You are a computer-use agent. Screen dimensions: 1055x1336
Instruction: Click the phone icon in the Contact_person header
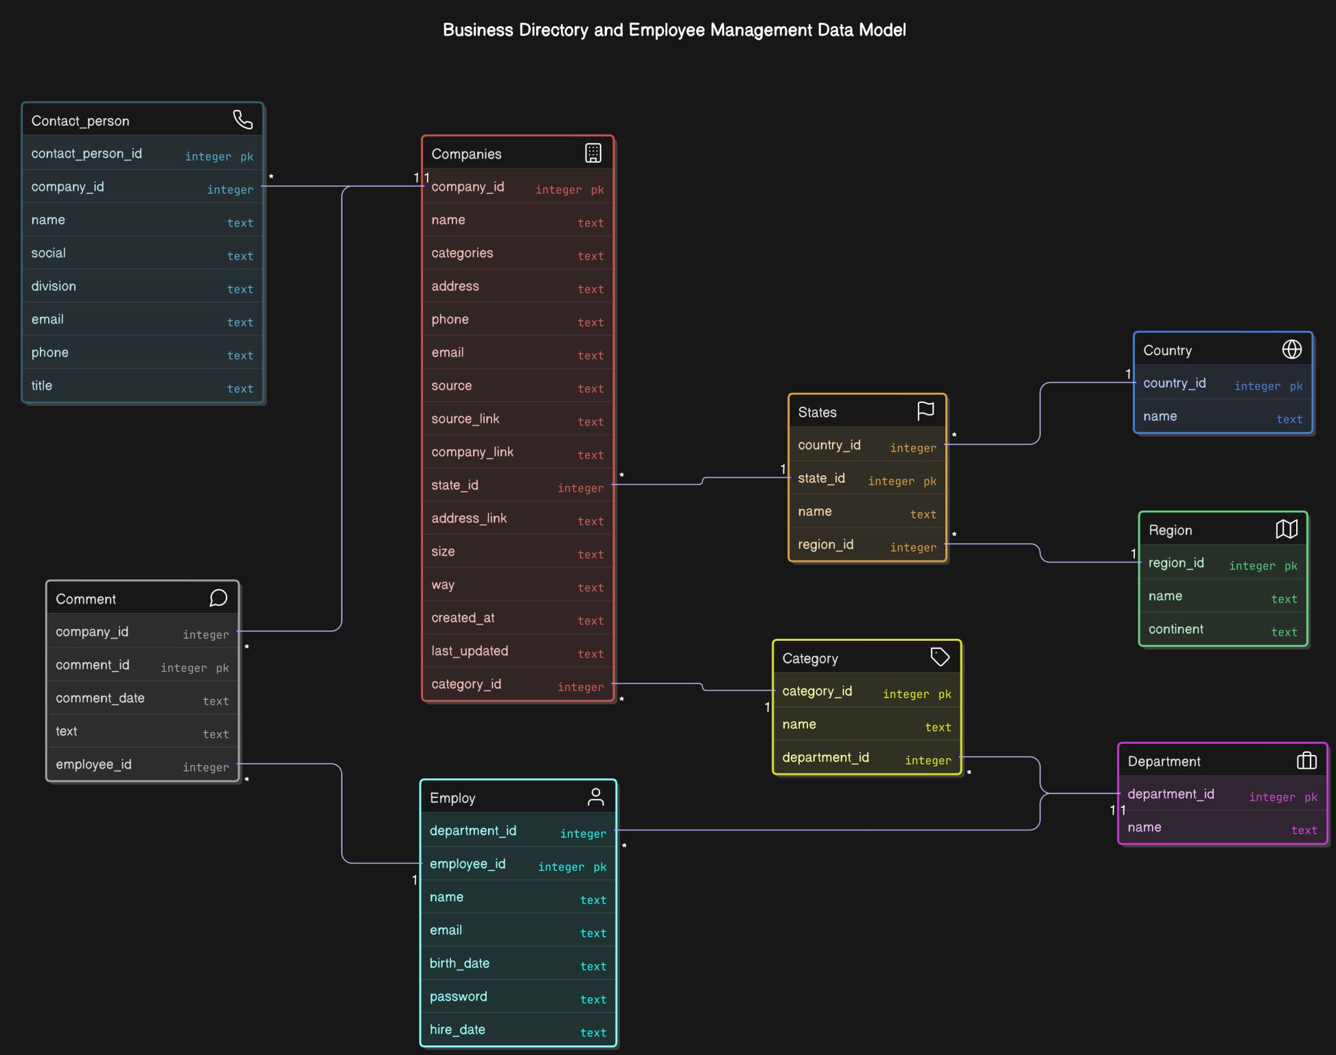[x=242, y=120]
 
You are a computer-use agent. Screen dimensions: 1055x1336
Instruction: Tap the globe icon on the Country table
[x=1291, y=350]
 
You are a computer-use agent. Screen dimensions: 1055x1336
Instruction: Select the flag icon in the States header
[x=925, y=411]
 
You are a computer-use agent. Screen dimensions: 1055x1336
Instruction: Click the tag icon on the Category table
[x=939, y=657]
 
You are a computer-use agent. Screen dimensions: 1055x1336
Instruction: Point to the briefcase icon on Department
[x=1306, y=760]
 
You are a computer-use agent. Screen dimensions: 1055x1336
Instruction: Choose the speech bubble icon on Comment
[x=218, y=598]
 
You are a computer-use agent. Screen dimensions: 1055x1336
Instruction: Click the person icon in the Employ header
[x=595, y=797]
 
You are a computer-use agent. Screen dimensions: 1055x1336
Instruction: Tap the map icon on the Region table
[x=1286, y=529]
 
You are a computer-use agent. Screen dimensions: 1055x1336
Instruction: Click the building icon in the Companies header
[x=592, y=153]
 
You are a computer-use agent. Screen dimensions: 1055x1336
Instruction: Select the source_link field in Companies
[x=465, y=419]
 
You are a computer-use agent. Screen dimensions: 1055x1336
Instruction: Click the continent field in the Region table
[x=1175, y=629]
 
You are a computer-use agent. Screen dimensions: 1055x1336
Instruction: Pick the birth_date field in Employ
[x=459, y=963]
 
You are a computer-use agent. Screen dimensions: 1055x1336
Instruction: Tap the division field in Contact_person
[x=54, y=286]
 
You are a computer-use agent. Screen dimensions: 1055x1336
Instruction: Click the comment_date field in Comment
[x=100, y=698]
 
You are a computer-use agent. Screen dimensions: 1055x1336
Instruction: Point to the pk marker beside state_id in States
[x=930, y=481]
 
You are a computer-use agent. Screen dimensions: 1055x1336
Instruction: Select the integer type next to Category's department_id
[x=928, y=760]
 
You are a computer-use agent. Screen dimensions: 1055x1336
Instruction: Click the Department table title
[x=1164, y=761]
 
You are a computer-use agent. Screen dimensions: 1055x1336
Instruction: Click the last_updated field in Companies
[x=470, y=651]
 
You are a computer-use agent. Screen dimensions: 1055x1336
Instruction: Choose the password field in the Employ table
[x=458, y=997]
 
